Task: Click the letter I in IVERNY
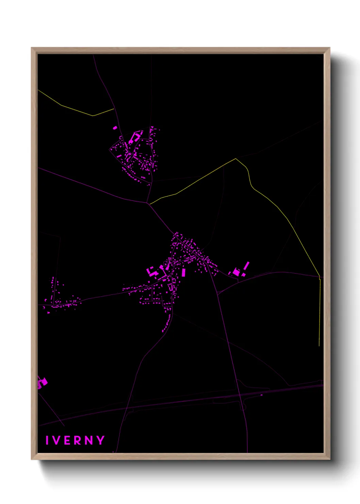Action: tap(47, 440)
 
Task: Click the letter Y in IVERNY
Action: tap(100, 440)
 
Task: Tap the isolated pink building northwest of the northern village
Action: tap(115, 128)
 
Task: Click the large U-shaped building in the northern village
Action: tap(134, 137)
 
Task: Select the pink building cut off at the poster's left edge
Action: tap(42, 383)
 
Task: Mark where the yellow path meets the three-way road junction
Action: tap(150, 204)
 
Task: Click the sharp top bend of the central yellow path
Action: tap(236, 158)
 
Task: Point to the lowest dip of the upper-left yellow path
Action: tap(93, 116)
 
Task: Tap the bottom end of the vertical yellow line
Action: tap(319, 346)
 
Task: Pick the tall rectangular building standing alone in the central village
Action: tap(184, 272)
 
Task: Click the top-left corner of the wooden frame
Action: tap(32, 48)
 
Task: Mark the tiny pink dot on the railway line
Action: tap(261, 395)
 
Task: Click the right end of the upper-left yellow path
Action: tap(114, 109)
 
